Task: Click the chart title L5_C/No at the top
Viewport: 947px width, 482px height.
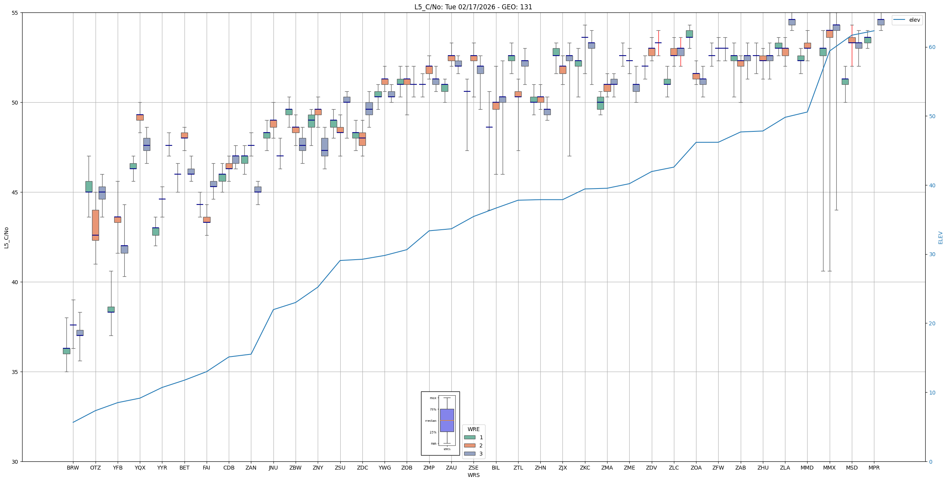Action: [473, 7]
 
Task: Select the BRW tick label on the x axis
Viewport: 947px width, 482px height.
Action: [73, 468]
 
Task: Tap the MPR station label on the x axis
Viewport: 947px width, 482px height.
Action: [874, 468]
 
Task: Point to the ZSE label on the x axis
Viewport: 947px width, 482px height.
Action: [474, 468]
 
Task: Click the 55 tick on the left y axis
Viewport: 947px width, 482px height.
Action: [16, 13]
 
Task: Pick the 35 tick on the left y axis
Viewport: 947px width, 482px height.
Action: [16, 372]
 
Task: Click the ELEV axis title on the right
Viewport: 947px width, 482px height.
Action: [940, 238]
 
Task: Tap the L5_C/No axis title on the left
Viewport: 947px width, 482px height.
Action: [6, 238]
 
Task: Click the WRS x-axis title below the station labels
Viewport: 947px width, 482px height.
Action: [474, 475]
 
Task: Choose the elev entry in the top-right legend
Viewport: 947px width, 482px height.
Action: [914, 20]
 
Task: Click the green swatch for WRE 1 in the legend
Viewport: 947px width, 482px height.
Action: [470, 437]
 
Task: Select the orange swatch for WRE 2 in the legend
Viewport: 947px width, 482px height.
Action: [470, 445]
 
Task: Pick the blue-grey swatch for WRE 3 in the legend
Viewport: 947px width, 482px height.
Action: [470, 454]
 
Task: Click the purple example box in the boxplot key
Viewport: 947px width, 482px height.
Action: [447, 420]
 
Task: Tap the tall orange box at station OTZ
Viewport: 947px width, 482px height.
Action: [96, 225]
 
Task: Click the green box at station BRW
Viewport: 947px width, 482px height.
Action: [66, 351]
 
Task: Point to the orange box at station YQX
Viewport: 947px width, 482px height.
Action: [140, 117]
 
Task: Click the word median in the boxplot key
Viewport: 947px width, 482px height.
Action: [430, 421]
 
